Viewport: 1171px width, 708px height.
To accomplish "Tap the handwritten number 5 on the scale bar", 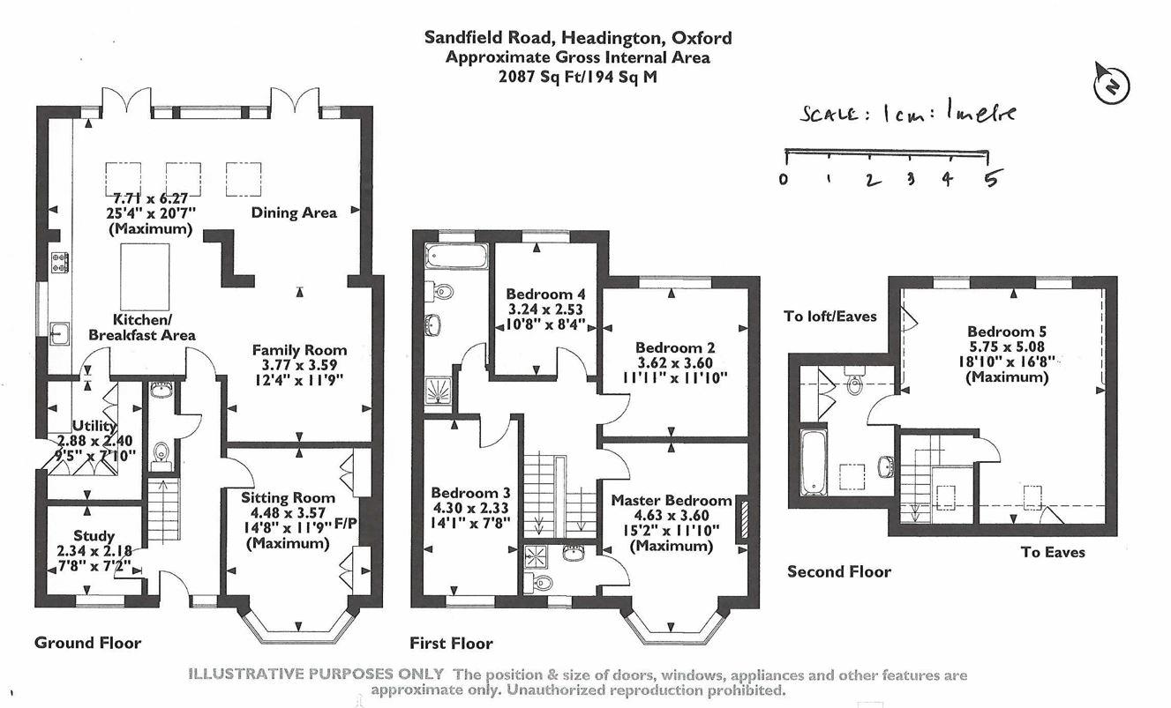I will (992, 179).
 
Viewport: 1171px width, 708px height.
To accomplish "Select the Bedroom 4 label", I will (545, 294).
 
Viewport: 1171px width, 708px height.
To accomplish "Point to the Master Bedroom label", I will (672, 500).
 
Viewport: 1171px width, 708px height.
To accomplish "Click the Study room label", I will (94, 535).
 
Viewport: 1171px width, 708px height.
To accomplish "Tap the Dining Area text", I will (294, 212).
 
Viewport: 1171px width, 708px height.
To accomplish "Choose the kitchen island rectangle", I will (143, 277).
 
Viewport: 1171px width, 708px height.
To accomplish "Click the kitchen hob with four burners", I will (61, 261).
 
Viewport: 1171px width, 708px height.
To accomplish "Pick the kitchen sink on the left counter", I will (60, 333).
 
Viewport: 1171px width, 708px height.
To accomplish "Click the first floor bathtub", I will (455, 257).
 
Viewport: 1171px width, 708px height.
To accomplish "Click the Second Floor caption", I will (838, 571).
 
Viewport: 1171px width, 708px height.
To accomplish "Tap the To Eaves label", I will (1053, 552).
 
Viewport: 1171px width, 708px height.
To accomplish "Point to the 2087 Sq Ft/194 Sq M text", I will (578, 77).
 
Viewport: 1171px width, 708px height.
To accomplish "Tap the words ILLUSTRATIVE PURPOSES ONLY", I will (316, 674).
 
